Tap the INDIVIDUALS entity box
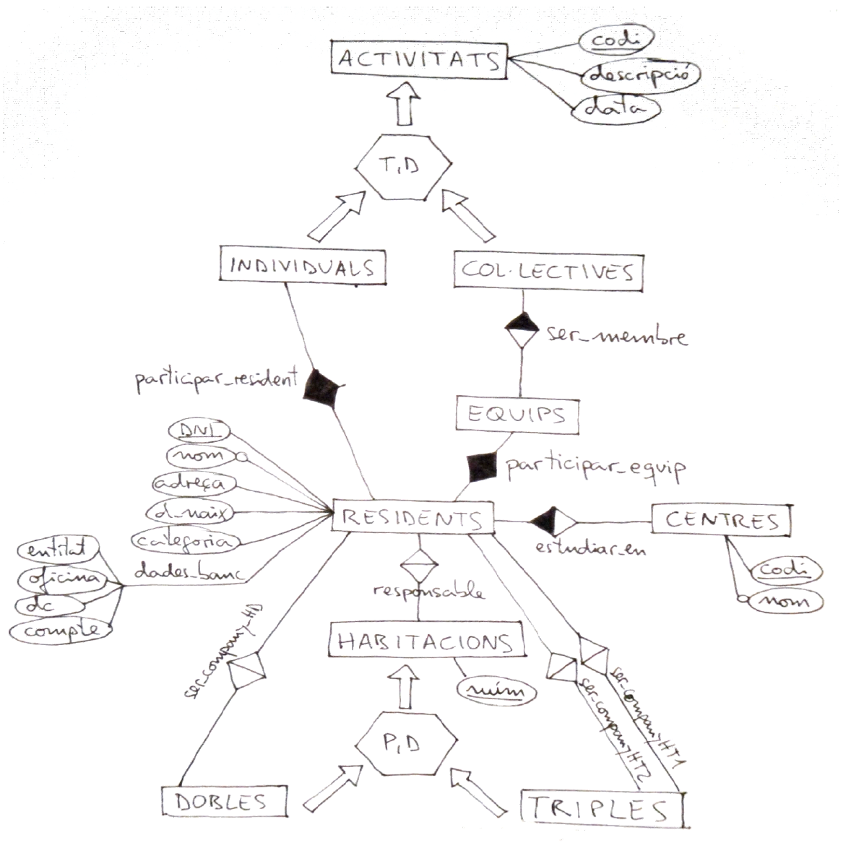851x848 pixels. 302,267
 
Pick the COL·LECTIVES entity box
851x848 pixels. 548,272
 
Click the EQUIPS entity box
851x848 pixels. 517,415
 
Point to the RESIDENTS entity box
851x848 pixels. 412,518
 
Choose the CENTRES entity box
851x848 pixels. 721,519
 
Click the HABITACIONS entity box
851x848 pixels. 425,641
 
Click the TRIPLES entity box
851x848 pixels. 601,810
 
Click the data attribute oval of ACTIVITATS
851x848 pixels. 615,108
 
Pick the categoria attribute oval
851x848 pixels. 186,540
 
